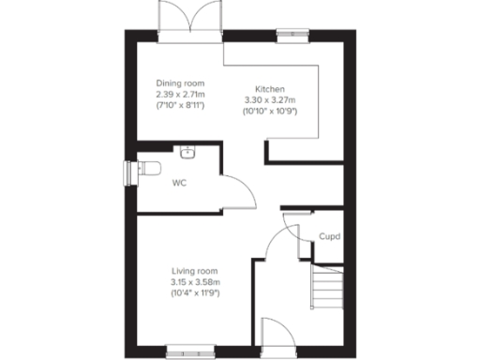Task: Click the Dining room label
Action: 180,82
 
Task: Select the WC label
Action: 179,183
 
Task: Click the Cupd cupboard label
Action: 329,237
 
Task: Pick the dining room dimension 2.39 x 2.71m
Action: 180,94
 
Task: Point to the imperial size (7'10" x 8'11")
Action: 180,105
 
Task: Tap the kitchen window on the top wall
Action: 293,37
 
